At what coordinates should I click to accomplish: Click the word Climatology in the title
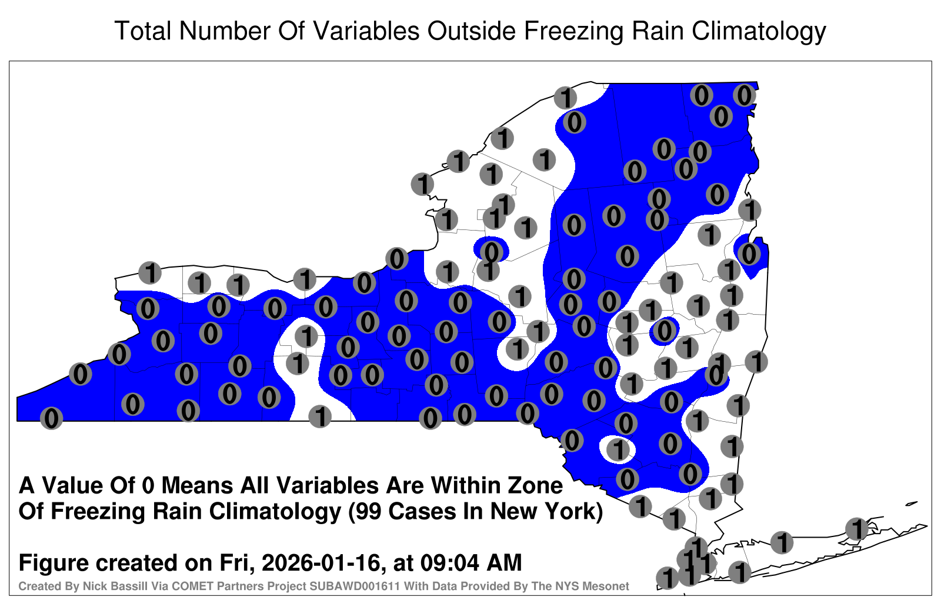[x=759, y=32]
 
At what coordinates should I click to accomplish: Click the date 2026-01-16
[x=321, y=562]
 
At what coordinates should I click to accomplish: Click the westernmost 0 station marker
[x=51, y=418]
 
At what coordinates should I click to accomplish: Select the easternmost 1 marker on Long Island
[x=856, y=529]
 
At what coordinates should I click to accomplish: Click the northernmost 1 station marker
[x=565, y=98]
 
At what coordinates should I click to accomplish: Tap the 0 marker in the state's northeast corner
[x=745, y=95]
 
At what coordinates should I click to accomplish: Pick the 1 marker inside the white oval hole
[x=618, y=449]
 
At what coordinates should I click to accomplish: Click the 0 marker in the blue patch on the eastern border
[x=749, y=254]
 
